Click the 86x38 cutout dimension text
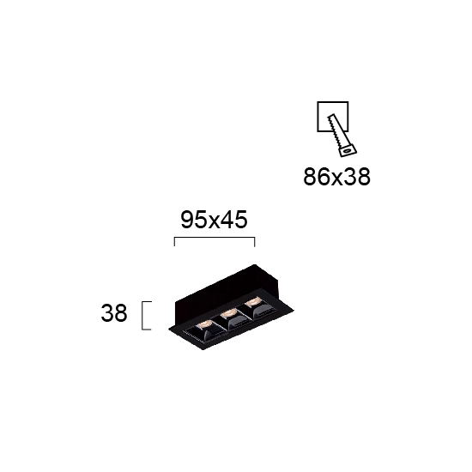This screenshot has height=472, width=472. [x=336, y=177]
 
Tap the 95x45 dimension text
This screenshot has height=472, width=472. [x=214, y=220]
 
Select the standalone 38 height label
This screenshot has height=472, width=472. [x=114, y=313]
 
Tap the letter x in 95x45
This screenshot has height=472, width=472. [x=215, y=222]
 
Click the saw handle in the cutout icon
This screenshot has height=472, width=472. [x=348, y=150]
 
